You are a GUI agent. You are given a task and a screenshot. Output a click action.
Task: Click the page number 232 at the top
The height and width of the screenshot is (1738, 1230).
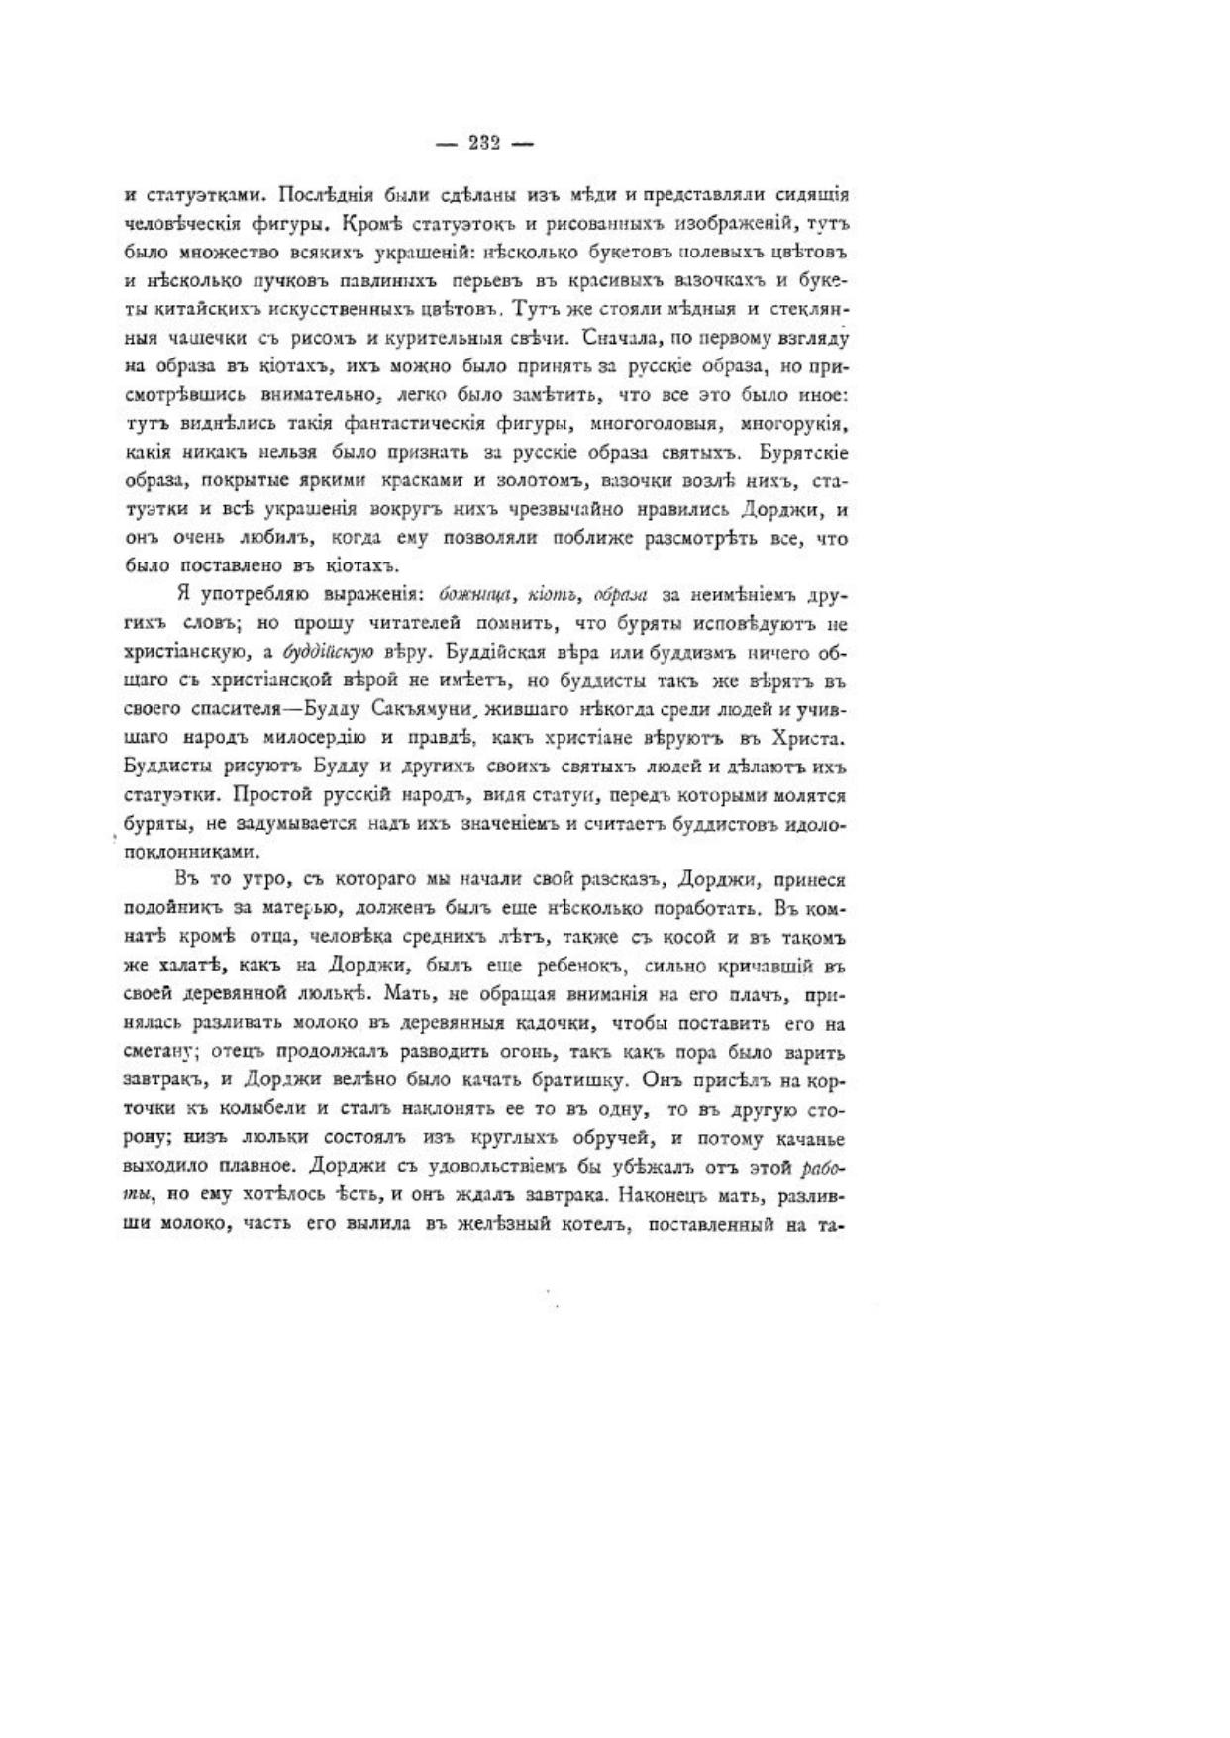(x=484, y=143)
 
